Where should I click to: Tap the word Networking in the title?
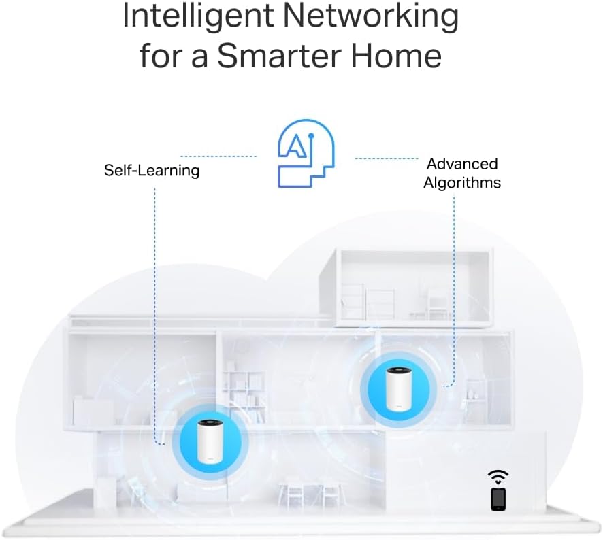click(372, 16)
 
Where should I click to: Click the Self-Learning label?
click(152, 170)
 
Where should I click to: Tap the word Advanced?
click(462, 164)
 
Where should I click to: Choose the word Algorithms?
click(462, 182)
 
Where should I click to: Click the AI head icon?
click(306, 154)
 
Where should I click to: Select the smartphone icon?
click(498, 499)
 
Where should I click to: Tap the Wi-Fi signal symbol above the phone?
click(498, 477)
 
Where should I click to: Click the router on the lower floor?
click(210, 441)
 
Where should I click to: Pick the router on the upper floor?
click(398, 388)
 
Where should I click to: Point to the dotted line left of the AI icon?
click(218, 156)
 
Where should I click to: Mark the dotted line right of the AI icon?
click(386, 158)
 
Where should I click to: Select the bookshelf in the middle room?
click(244, 388)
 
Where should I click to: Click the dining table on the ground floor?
click(310, 494)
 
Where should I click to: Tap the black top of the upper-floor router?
click(398, 371)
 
